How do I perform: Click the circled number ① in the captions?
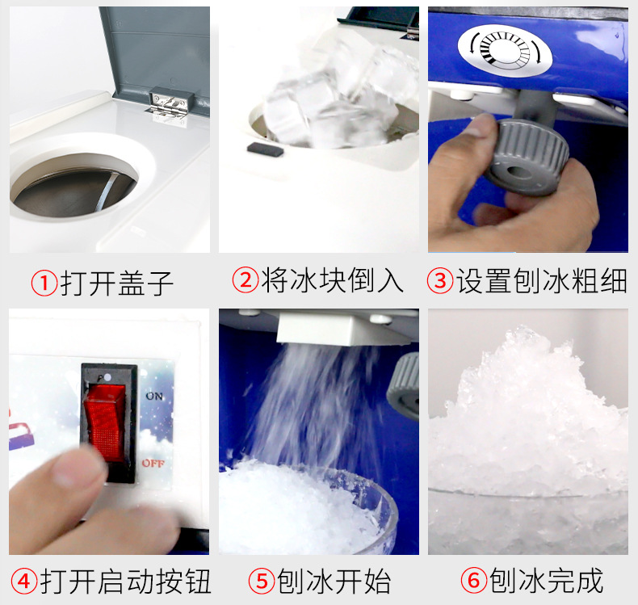pyautogui.click(x=44, y=283)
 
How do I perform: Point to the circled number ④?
pyautogui.click(x=25, y=580)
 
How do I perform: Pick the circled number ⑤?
pyautogui.click(x=260, y=580)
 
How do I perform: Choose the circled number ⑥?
pyautogui.click(x=473, y=580)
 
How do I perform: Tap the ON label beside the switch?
pyautogui.click(x=154, y=397)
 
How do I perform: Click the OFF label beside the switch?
pyautogui.click(x=153, y=463)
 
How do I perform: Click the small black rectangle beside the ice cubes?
pyautogui.click(x=265, y=148)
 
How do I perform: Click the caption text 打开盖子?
pyautogui.click(x=117, y=283)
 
